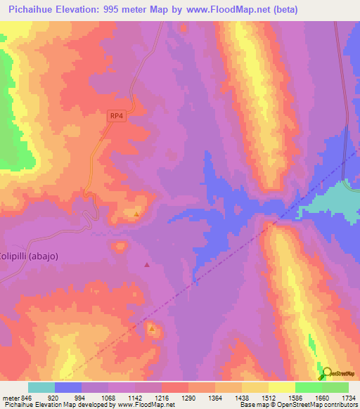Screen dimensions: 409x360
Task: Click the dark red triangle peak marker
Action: pyautogui.click(x=146, y=265)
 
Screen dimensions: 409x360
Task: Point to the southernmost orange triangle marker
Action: pyautogui.click(x=151, y=328)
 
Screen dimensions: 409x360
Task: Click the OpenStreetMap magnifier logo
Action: pyautogui.click(x=327, y=372)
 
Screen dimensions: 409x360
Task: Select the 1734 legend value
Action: pyautogui.click(x=348, y=397)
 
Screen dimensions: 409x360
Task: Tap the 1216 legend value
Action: pyautogui.click(x=161, y=397)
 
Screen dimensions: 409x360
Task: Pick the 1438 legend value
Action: pyautogui.click(x=241, y=397)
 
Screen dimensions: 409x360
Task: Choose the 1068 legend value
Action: pyautogui.click(x=108, y=397)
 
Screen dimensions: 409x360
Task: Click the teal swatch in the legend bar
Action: pyautogui.click(x=41, y=387)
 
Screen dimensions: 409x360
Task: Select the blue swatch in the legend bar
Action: pyautogui.click(x=68, y=387)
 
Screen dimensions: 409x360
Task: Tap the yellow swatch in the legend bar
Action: pyautogui.click(x=281, y=387)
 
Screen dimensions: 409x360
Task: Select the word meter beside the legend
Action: pyautogui.click(x=8, y=397)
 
